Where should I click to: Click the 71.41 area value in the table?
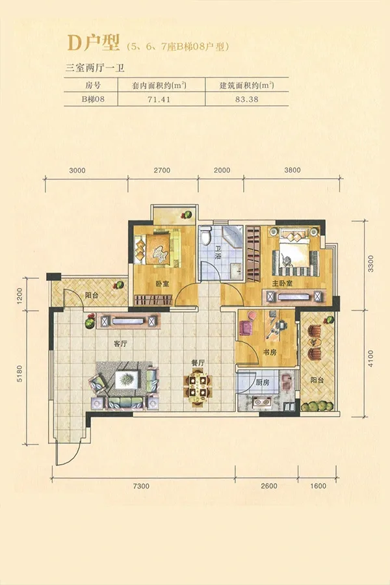(x=161, y=99)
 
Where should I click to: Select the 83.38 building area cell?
(x=247, y=99)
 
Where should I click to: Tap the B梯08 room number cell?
(x=92, y=99)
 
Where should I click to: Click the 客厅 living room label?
(x=120, y=344)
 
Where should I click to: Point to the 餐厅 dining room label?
(x=198, y=363)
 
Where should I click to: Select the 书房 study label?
(x=270, y=352)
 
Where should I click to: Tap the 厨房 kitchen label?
(x=263, y=382)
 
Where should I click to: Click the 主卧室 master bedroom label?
(x=283, y=284)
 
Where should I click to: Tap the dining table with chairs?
(x=196, y=386)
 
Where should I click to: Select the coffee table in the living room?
(x=127, y=380)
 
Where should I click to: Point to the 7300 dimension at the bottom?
(x=141, y=486)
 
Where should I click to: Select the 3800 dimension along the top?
(x=292, y=170)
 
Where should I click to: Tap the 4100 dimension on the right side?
(x=370, y=359)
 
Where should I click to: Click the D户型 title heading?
(x=94, y=43)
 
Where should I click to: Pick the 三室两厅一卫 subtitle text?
(x=95, y=68)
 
